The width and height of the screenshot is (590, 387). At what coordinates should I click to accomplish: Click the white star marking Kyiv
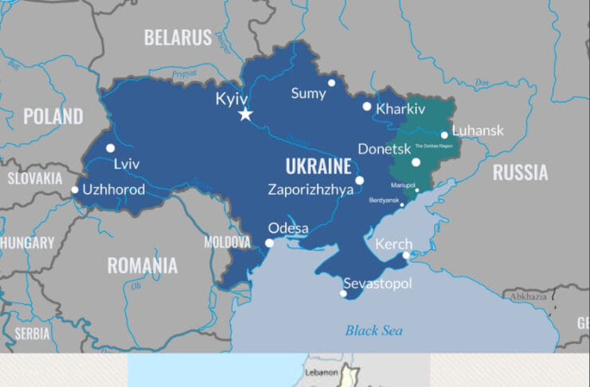245,115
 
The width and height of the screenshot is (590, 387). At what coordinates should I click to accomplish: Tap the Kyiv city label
232,99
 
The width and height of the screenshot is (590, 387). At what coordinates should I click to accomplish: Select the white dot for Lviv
110,148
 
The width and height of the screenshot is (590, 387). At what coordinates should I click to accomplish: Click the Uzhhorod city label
114,190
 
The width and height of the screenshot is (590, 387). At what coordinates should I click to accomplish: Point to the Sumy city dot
331,83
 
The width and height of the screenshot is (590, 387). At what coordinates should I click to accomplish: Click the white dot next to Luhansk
444,135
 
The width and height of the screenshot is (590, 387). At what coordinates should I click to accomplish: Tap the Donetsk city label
385,149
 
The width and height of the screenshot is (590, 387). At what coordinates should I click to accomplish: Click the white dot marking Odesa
270,243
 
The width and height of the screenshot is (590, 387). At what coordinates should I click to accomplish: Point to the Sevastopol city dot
343,294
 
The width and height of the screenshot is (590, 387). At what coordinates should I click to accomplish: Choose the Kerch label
393,244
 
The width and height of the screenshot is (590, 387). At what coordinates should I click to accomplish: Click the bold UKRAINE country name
318,167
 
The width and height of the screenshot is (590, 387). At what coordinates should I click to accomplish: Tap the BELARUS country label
178,37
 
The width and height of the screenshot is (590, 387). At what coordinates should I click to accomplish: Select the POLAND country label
53,116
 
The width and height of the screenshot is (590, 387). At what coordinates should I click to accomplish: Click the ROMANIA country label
143,265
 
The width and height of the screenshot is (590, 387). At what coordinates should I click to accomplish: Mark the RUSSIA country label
520,172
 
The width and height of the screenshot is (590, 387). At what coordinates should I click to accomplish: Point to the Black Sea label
373,330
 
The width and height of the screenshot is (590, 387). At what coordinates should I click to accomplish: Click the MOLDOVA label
227,242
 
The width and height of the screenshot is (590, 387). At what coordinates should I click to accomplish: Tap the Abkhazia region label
529,295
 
